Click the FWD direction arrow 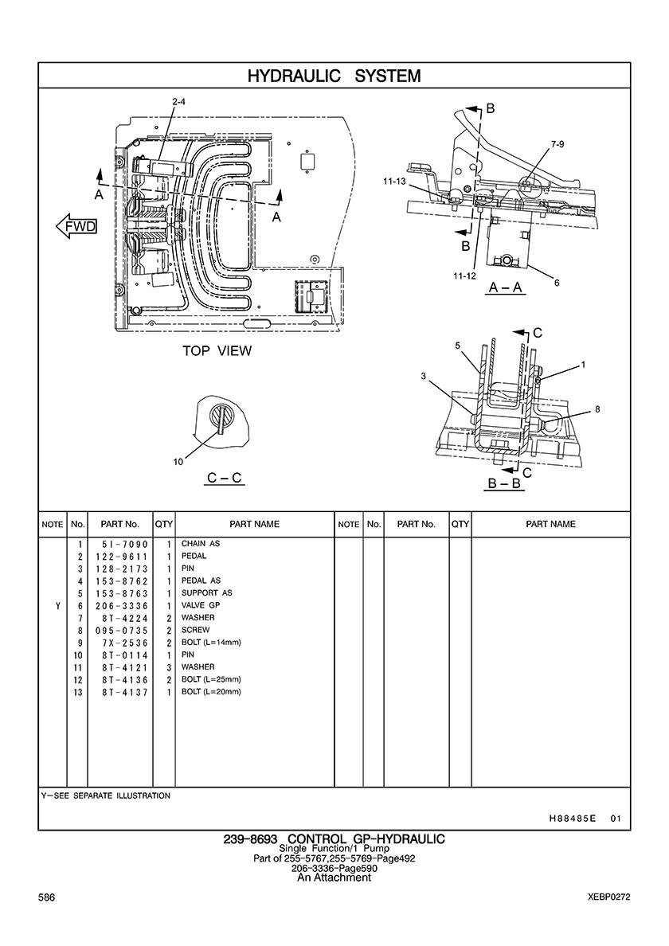76,226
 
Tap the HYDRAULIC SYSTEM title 334,76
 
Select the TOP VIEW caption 217,350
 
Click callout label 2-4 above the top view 179,102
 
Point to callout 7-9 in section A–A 557,145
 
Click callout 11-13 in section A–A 394,181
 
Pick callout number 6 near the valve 557,283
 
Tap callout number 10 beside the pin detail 178,462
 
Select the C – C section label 225,478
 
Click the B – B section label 503,484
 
